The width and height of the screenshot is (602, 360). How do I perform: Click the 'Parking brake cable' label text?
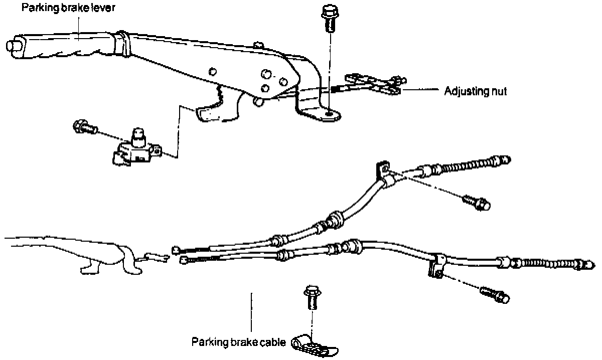[x=238, y=342]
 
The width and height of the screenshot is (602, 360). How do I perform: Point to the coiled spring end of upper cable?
[x=472, y=164]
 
